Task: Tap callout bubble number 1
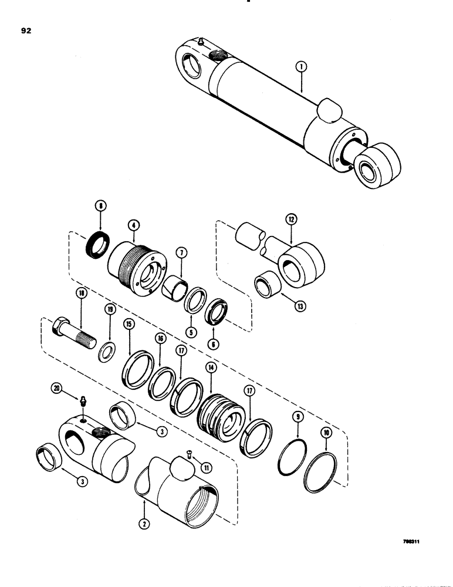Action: (300, 68)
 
